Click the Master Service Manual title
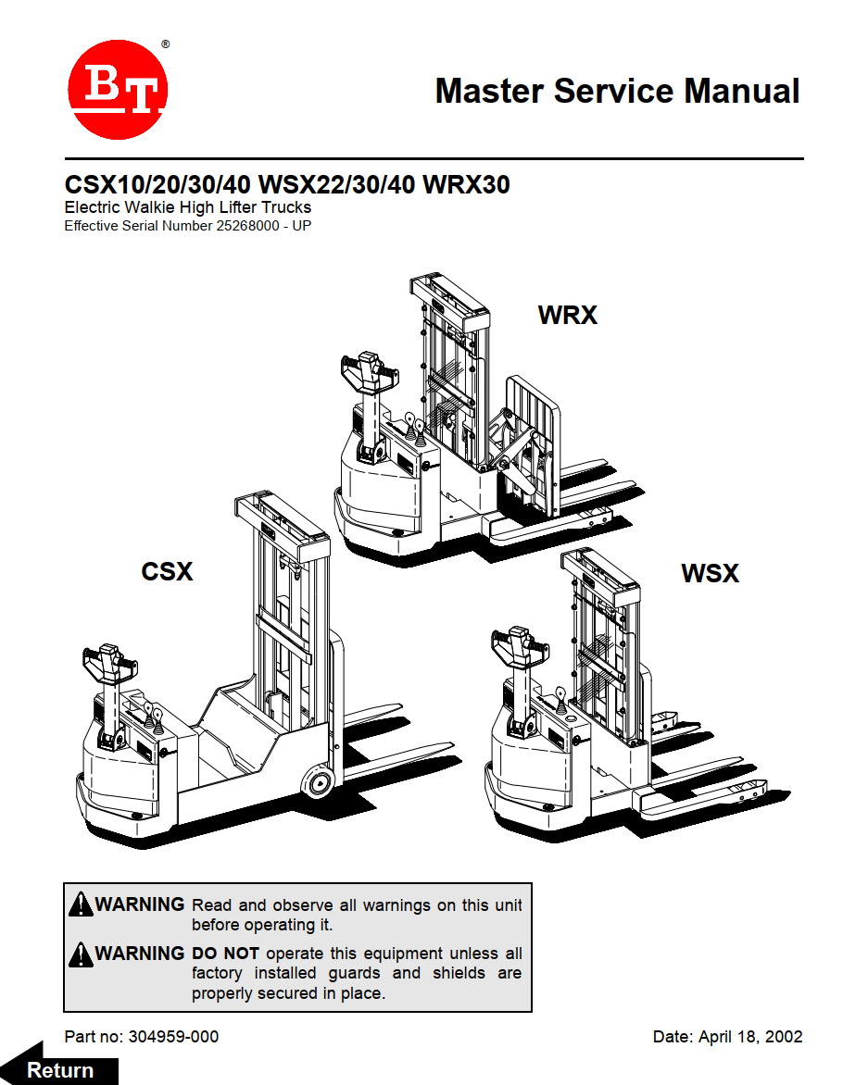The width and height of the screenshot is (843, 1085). pos(617,91)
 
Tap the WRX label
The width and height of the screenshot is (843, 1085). pos(567,316)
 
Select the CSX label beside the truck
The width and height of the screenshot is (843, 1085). pos(167,572)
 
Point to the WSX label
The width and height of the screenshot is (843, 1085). pos(710,574)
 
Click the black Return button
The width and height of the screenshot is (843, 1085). pos(61,1069)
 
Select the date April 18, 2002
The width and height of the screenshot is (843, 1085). pos(748,1037)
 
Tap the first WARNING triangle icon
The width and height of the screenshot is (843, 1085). pos(81,904)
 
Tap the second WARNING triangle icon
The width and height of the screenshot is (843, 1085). pos(81,953)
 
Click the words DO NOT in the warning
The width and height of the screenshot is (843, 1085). pos(225,954)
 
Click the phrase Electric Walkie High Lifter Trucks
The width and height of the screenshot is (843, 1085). pos(187,207)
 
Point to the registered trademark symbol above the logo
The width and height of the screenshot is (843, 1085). pos(165,44)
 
